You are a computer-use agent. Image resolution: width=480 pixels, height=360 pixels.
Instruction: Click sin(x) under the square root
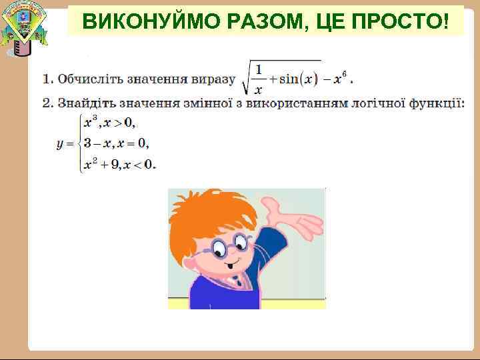299,79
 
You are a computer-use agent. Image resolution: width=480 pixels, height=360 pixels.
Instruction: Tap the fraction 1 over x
259,79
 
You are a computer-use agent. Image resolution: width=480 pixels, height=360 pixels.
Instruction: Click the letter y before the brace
60,143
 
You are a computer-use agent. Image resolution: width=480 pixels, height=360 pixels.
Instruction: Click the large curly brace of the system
78,143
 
